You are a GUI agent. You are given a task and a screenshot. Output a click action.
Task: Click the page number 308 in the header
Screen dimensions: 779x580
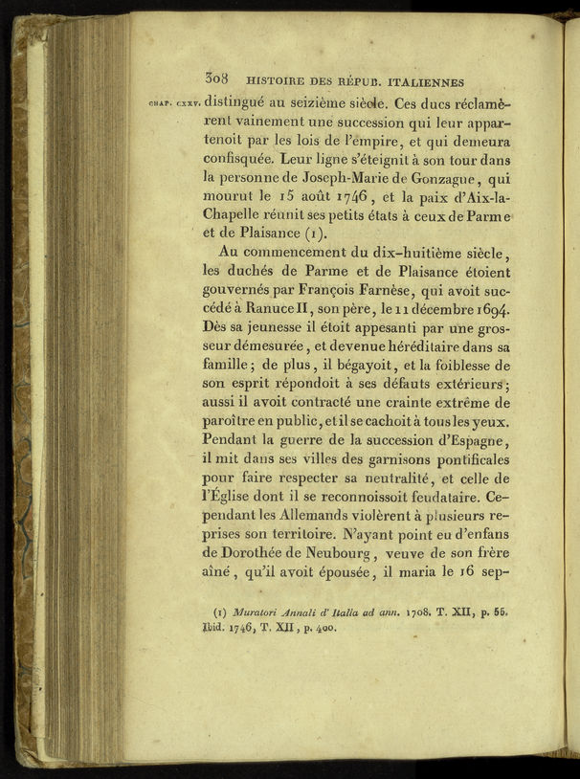(x=219, y=81)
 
